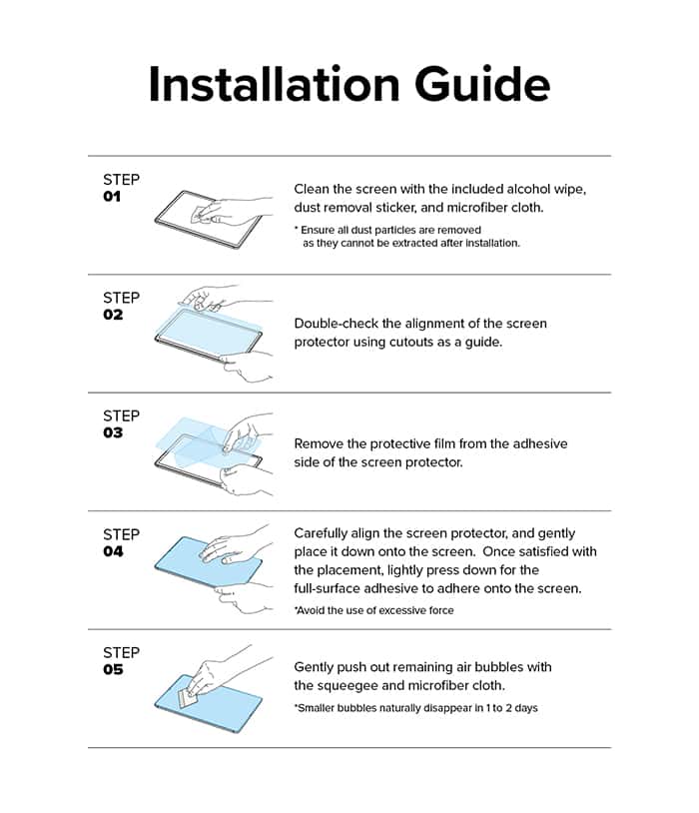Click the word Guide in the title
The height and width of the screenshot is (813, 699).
[481, 84]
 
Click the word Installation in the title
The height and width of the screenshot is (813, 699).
[274, 84]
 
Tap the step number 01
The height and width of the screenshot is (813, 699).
[112, 197]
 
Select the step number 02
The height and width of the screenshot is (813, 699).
[113, 315]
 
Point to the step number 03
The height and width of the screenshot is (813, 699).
[113, 432]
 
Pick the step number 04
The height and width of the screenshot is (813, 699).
[113, 551]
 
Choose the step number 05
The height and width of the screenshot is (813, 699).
[113, 669]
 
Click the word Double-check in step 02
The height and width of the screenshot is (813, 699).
[336, 324]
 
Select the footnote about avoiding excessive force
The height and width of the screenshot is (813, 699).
[373, 611]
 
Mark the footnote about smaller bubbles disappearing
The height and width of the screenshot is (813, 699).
[415, 708]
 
